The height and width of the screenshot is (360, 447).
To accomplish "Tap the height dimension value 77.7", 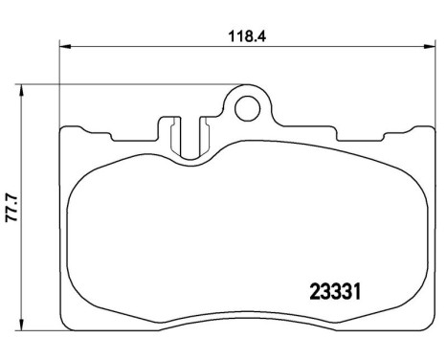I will (12, 205).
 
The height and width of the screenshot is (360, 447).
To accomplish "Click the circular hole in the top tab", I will (248, 107).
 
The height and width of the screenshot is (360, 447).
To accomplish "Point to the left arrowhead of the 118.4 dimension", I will (65, 44).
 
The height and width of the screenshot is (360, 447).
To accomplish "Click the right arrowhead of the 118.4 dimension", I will (426, 44).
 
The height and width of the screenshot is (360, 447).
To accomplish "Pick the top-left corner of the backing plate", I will (62, 128).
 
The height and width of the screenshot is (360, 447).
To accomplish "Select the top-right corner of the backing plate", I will (430, 128).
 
